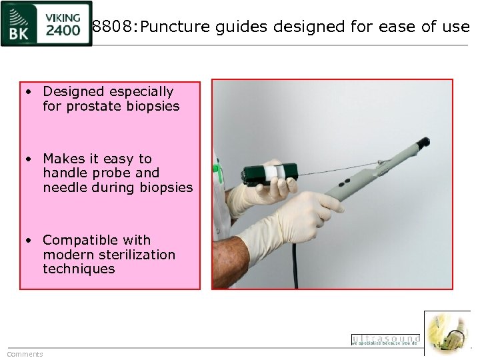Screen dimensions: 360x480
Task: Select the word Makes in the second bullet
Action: (61, 159)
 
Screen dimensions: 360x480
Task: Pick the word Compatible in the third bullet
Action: (79, 240)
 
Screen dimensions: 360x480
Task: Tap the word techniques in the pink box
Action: (79, 269)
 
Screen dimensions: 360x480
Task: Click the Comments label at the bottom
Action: (25, 354)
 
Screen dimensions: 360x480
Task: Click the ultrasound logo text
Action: (385, 339)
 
